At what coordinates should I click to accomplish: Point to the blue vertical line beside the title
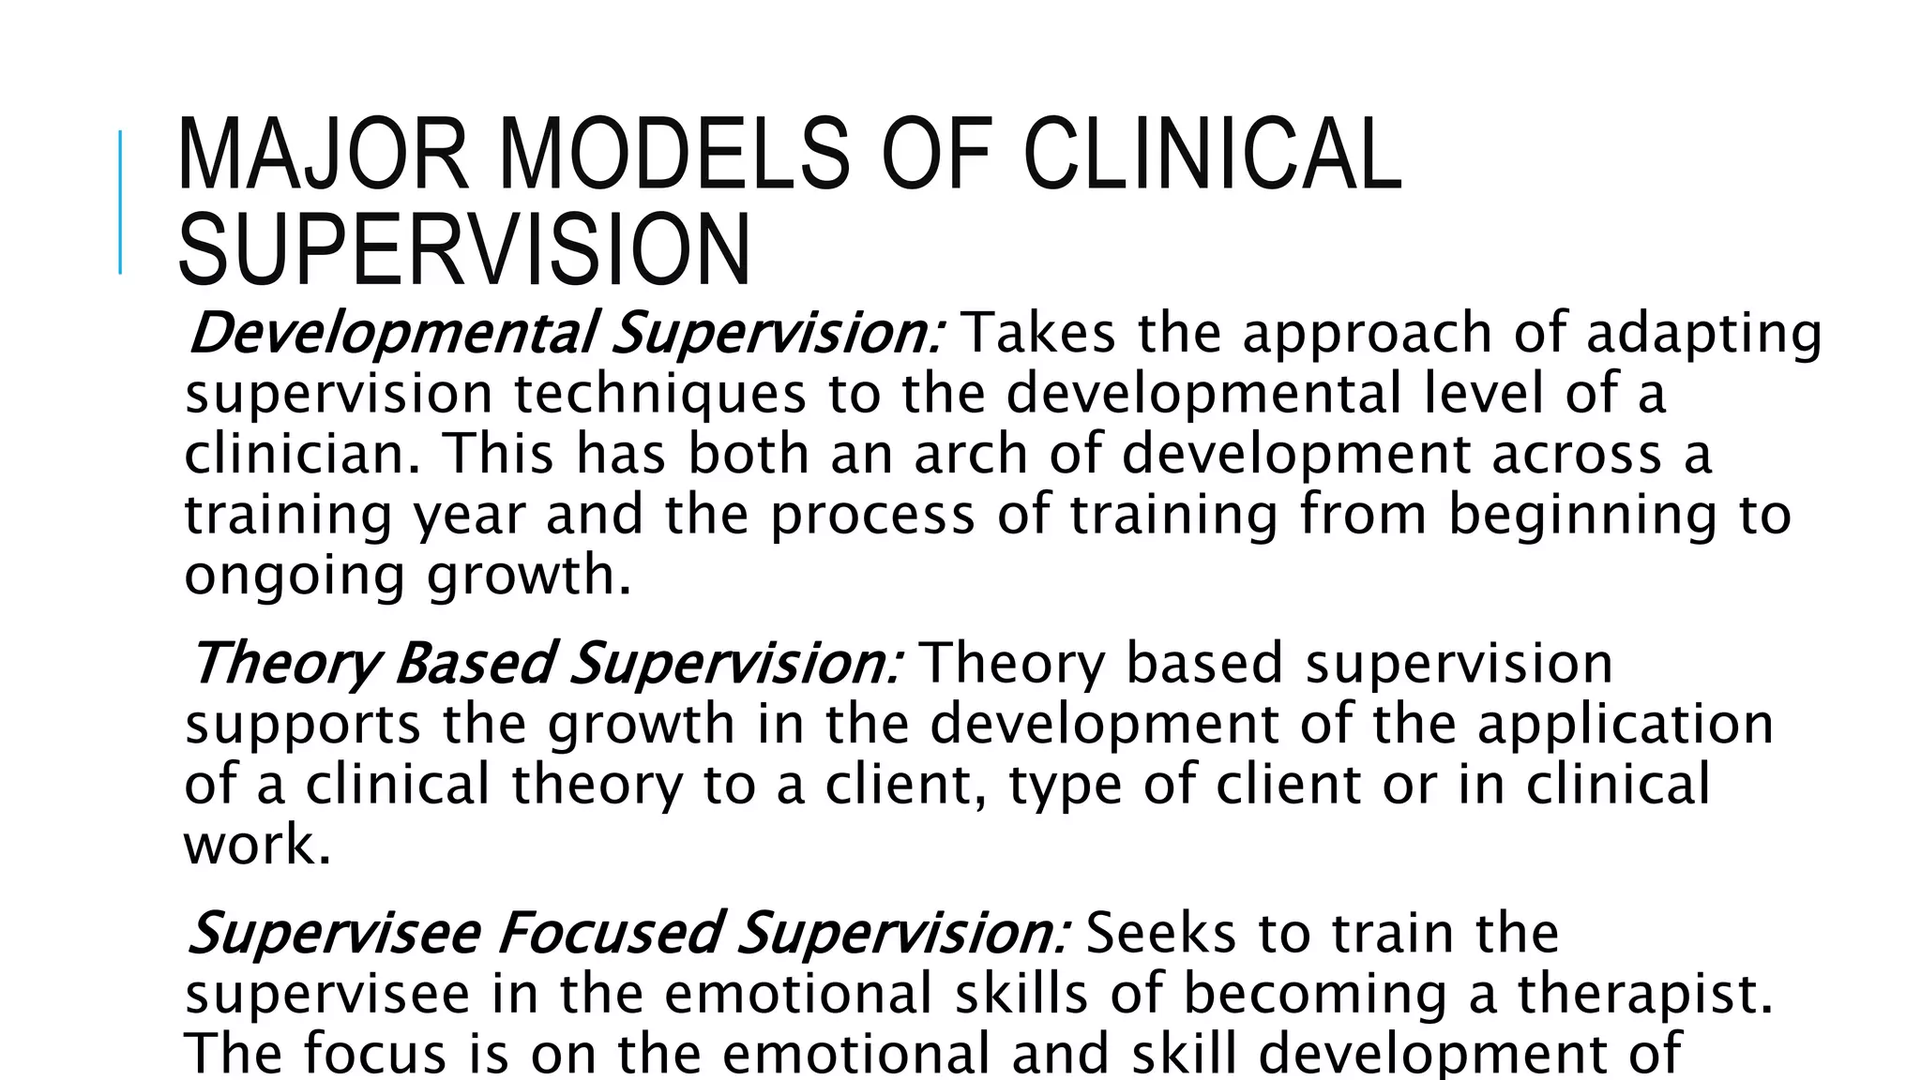[x=121, y=202]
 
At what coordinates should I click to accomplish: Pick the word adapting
[x=1703, y=336]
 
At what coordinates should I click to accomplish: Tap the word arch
[x=970, y=454]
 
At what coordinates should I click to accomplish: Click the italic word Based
[x=471, y=664]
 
